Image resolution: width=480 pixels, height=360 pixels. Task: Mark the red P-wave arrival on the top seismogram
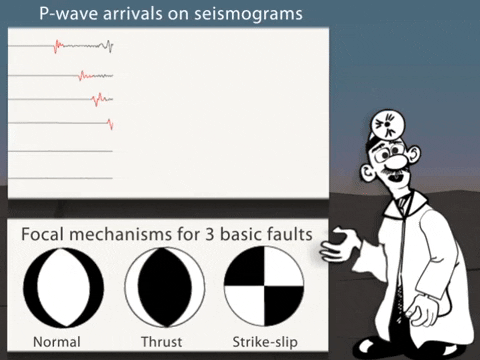[x=58, y=46]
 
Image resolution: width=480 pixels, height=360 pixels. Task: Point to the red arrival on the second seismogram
[x=83, y=75]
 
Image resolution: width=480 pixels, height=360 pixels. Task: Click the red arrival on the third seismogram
[x=97, y=99]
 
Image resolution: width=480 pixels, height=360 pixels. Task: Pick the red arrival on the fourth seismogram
[x=109, y=123]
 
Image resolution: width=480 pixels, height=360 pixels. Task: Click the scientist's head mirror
[x=383, y=124]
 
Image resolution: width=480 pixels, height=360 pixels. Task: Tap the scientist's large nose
[x=398, y=160]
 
